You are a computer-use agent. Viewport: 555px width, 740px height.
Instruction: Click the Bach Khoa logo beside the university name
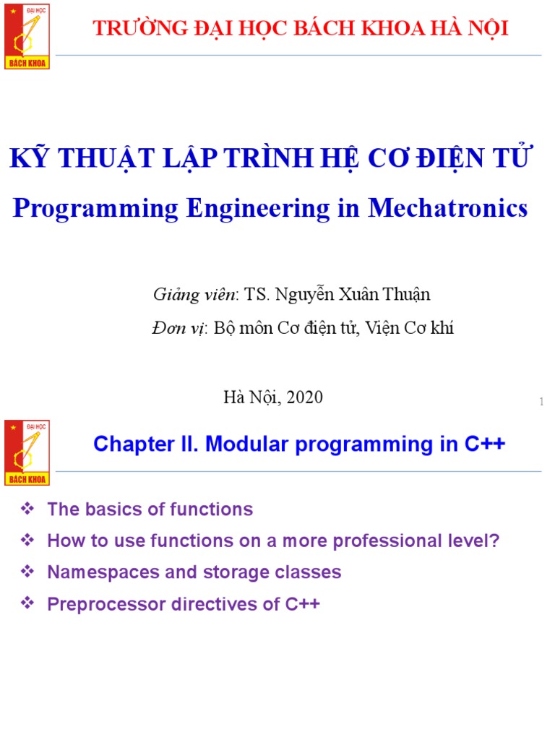27,35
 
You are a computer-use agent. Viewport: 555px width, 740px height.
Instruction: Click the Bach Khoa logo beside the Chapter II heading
27,452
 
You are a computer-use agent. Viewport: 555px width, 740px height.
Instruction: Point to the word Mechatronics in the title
448,208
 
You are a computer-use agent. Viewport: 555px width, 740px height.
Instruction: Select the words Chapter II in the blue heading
145,444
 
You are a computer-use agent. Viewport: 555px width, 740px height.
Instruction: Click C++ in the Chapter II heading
485,444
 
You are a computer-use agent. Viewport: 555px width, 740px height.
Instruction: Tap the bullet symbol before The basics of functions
28,509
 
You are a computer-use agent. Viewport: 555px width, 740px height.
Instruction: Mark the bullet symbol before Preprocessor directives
28,603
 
